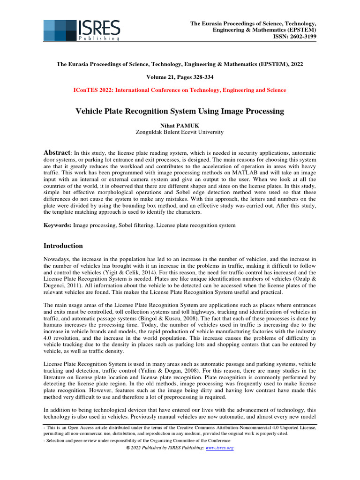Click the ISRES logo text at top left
pos(99,28)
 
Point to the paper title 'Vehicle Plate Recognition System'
pos(180,111)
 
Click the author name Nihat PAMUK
pos(180,125)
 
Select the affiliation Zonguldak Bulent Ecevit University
pos(180,132)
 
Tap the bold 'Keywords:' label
pos(58,225)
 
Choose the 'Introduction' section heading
pos(63,246)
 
